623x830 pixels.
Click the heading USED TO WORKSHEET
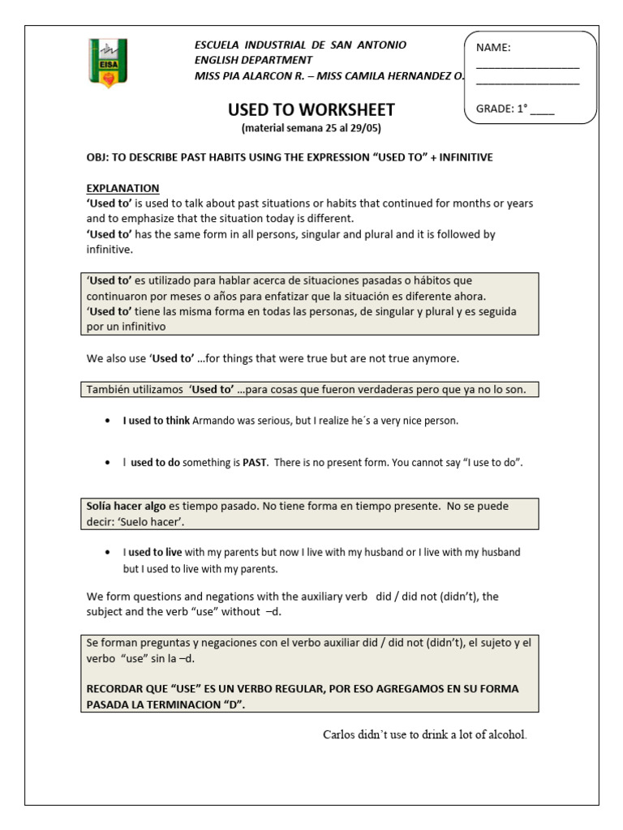(311, 109)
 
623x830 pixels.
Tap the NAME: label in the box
(493, 47)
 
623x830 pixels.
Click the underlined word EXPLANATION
(122, 188)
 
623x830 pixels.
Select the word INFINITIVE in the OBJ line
(465, 157)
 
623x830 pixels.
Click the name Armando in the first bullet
(214, 421)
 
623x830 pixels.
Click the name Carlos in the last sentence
(339, 735)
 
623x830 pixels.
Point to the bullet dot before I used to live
(109, 552)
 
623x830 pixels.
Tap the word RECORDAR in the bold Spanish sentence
(118, 689)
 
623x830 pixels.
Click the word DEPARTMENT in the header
(273, 60)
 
